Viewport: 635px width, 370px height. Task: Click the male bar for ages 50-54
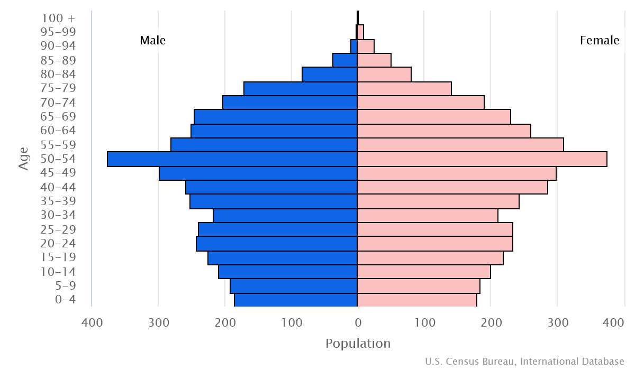(x=232, y=159)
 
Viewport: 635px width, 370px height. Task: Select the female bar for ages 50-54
(x=482, y=159)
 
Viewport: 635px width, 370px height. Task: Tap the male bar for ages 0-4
(x=296, y=300)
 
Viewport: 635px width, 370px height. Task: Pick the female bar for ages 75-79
(x=404, y=89)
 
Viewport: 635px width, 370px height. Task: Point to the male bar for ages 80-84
(x=330, y=75)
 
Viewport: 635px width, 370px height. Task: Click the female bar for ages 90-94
(x=366, y=47)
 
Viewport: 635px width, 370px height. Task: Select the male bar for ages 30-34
(x=285, y=216)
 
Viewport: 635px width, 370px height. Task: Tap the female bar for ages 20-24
(x=435, y=244)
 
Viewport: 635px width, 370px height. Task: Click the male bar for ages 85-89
(x=345, y=60)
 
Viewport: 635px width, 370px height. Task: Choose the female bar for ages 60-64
(x=444, y=131)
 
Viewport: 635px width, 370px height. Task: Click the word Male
(x=153, y=41)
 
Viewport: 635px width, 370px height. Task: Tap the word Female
(x=600, y=41)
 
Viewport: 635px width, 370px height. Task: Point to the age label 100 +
(x=58, y=18)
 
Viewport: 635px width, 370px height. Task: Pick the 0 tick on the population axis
(x=358, y=322)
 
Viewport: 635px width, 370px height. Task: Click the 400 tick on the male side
(x=92, y=322)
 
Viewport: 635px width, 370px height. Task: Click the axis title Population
(x=358, y=344)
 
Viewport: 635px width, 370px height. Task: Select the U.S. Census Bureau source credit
(x=524, y=362)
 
